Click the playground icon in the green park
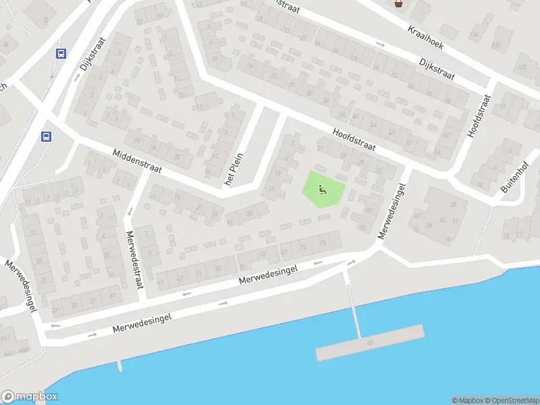322,190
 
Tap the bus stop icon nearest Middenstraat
47,136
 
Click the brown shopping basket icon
398,4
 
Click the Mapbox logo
29,397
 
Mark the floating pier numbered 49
370,343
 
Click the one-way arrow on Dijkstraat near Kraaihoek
380,45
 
